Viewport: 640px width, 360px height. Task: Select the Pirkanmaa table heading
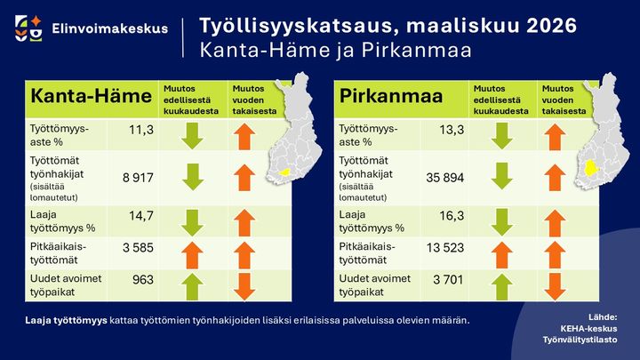click(x=391, y=97)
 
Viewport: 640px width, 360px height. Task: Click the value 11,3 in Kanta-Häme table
click(x=141, y=131)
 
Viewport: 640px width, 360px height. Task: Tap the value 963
click(x=142, y=280)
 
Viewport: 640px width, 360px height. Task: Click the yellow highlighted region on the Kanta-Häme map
click(x=284, y=172)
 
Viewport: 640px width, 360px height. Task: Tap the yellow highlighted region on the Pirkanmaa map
click(x=590, y=167)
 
